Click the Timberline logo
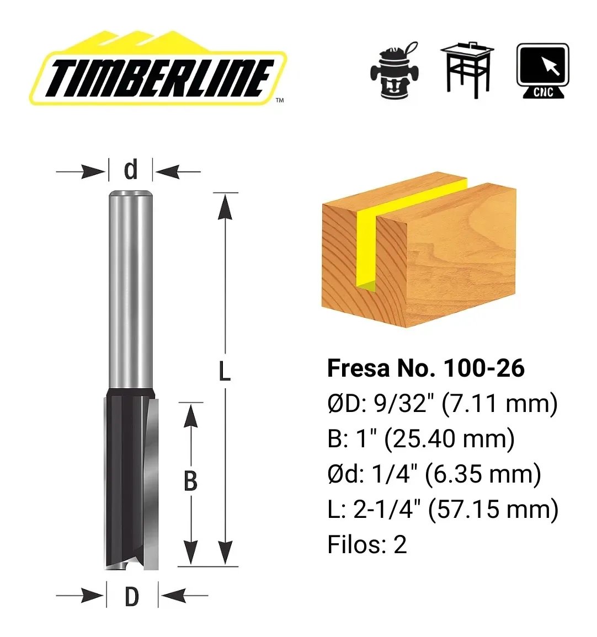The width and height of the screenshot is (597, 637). [x=158, y=68]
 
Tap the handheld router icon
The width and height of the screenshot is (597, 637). [x=394, y=70]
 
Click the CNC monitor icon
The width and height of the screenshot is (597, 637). [x=542, y=71]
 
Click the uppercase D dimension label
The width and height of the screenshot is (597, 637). [x=132, y=597]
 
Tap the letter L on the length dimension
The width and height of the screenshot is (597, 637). [x=225, y=371]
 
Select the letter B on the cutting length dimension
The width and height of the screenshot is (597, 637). [x=190, y=481]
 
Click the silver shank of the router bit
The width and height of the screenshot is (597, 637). [x=130, y=289]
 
